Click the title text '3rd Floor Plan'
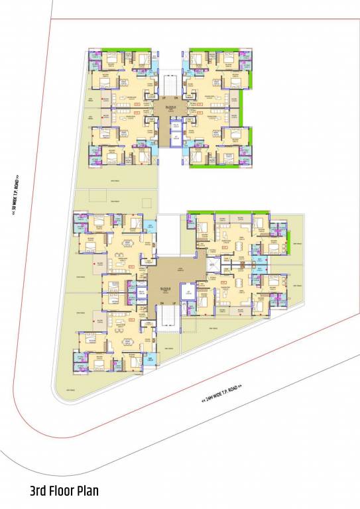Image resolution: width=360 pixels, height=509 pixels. coord(64,491)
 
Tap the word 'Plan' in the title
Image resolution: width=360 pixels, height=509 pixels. coord(87,491)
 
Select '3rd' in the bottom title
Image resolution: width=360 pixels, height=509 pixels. coord(39,491)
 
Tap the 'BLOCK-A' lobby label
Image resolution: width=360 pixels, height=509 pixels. coord(171,106)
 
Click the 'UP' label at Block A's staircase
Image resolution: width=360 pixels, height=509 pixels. coord(164,98)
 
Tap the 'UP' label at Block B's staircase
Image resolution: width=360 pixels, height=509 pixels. coord(174,303)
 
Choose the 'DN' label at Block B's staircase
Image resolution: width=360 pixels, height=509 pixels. coord(161,303)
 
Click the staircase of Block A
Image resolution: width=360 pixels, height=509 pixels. coord(170,85)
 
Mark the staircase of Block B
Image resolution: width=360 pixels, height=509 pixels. coord(168,320)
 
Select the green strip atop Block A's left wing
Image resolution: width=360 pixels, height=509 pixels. coord(119,48)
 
